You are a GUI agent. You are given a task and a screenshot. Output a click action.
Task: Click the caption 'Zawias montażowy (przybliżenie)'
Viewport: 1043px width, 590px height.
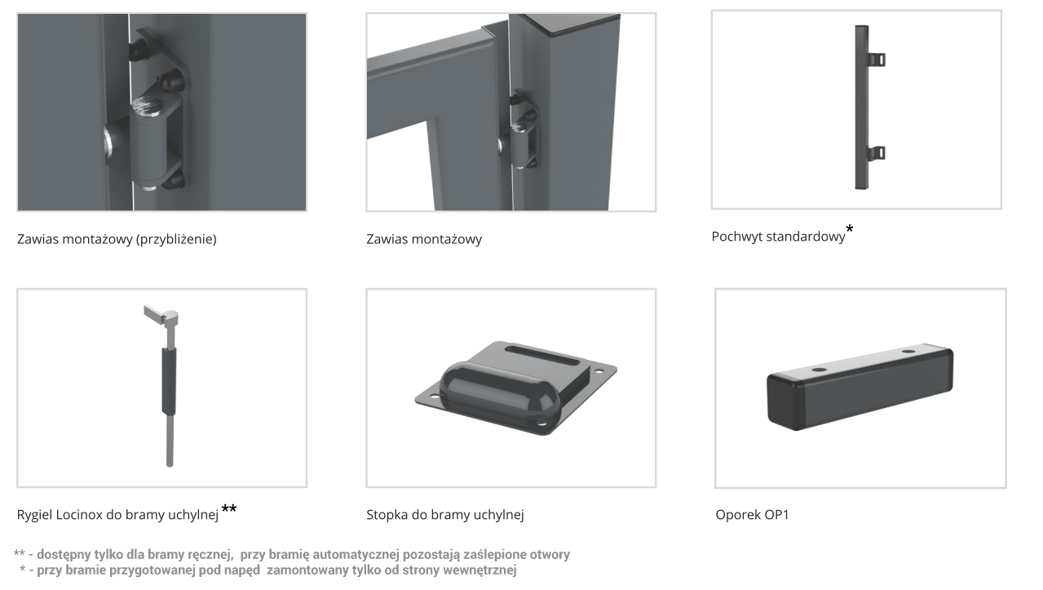(x=117, y=239)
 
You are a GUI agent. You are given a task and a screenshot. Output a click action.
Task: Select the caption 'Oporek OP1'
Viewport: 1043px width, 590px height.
(x=752, y=514)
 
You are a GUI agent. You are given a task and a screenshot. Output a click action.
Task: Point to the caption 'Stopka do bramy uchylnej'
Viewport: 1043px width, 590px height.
(x=444, y=515)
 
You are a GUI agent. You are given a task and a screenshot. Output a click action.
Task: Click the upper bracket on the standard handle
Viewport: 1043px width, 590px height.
(x=877, y=60)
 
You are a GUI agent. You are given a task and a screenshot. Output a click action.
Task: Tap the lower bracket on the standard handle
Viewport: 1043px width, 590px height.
(x=877, y=153)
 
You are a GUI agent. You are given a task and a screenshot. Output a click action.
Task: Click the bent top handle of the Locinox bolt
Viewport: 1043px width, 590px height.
(x=161, y=315)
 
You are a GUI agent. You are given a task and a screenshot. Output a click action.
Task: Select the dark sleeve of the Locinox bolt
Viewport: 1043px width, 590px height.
(x=169, y=381)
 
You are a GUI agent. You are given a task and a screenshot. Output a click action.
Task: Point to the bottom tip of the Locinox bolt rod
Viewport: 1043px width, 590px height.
(x=170, y=464)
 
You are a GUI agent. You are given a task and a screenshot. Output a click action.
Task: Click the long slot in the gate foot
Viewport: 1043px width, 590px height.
(x=542, y=355)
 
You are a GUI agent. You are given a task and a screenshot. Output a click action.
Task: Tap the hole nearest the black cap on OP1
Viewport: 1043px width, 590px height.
(x=818, y=370)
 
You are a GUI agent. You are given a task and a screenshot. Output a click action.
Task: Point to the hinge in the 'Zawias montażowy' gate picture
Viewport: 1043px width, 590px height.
(x=519, y=130)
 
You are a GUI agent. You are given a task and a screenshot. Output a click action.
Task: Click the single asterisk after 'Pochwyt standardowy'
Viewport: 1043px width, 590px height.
(x=850, y=228)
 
